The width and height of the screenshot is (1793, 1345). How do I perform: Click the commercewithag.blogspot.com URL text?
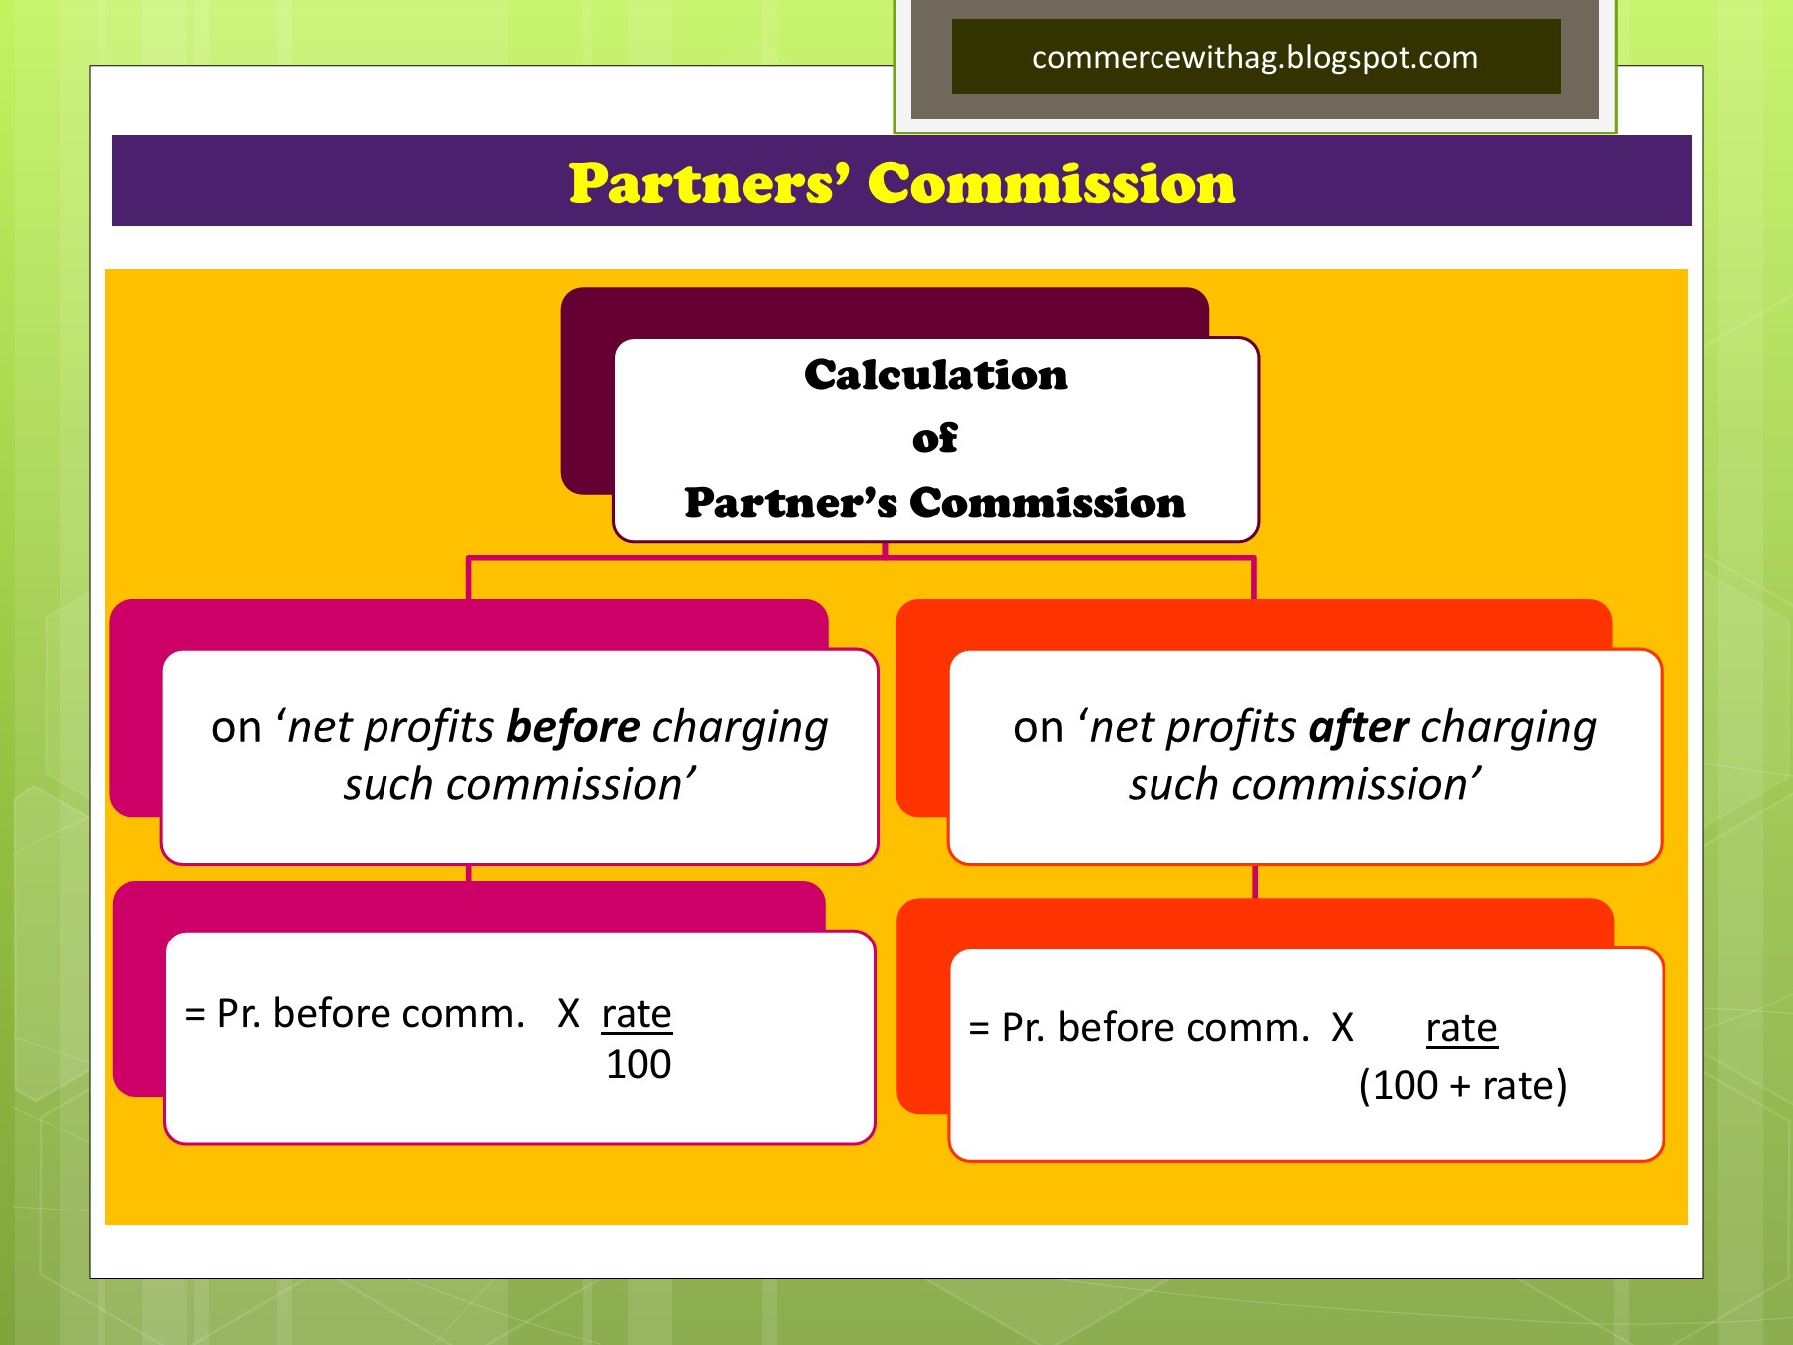1255,58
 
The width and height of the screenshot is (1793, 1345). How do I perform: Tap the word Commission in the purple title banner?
1051,184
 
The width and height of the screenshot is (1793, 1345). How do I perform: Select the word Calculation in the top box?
935,375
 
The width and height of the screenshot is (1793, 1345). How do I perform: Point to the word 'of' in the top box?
935,438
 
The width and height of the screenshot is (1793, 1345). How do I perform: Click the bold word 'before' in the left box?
573,727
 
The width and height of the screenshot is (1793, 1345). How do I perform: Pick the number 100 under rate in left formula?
639,1065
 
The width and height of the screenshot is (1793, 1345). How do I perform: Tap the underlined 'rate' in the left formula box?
637,1014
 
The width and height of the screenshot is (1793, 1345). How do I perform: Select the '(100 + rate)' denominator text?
1462,1085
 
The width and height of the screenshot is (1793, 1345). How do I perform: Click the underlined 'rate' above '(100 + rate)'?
1461,1028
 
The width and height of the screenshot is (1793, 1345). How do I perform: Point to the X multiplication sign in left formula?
568,1014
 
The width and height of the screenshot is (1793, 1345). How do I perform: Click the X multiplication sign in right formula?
1342,1028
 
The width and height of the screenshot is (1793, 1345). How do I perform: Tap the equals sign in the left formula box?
195,1015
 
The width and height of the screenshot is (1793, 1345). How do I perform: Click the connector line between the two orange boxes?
1255,881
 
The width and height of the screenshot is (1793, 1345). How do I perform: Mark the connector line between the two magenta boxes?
469,873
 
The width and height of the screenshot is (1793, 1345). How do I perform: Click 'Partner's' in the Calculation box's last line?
790,503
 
